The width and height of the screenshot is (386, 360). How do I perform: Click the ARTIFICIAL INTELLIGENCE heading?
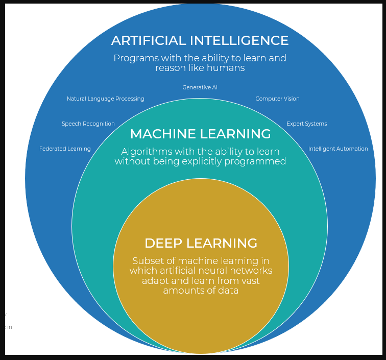[200, 40]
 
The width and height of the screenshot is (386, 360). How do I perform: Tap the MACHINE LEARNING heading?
[200, 134]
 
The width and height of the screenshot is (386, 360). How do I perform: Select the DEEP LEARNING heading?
[201, 243]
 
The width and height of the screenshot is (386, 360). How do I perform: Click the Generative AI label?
[200, 87]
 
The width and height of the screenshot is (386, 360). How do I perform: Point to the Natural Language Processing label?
[106, 99]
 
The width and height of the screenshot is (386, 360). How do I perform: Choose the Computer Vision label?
[277, 99]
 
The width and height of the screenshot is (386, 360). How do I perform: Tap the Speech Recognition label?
[88, 124]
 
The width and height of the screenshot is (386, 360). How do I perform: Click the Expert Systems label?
[306, 124]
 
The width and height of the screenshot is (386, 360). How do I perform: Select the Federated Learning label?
[65, 149]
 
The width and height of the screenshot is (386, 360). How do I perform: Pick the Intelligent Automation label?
[338, 149]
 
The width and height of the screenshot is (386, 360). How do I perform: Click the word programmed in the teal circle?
[258, 161]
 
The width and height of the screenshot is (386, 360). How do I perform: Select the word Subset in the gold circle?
[146, 260]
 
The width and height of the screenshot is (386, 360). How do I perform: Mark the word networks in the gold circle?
[252, 271]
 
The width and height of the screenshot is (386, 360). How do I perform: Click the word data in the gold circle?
[228, 291]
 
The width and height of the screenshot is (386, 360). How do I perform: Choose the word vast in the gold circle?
[249, 280]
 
